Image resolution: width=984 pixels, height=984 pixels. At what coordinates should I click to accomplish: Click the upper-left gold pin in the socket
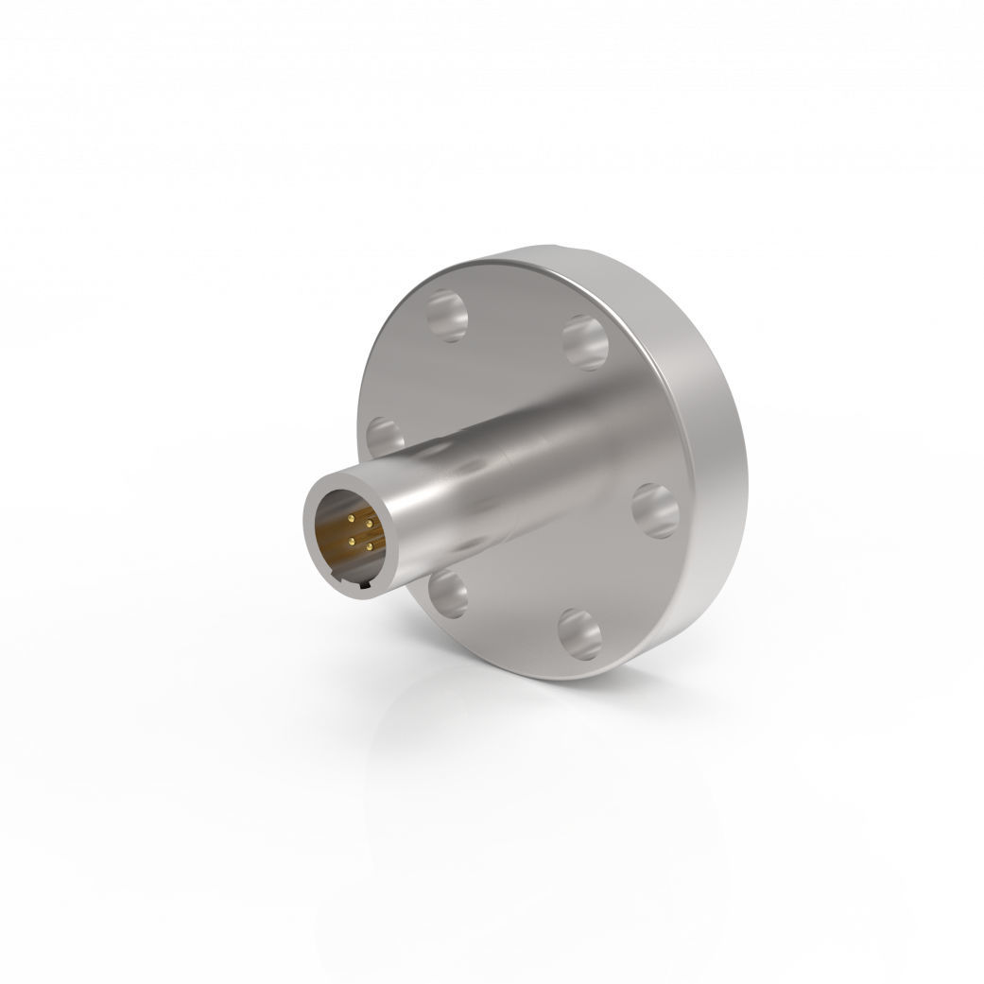[x=351, y=519]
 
